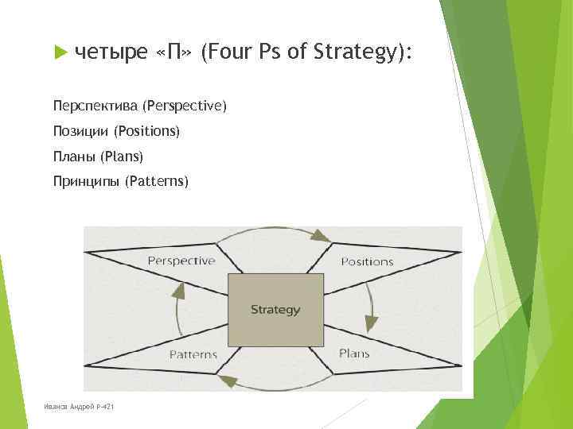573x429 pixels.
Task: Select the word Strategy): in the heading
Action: tap(364, 53)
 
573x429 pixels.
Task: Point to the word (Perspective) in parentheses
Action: tap(184, 106)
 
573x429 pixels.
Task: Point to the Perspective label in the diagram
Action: tap(181, 261)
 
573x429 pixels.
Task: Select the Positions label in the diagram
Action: tap(367, 261)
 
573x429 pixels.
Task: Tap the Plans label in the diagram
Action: tap(354, 354)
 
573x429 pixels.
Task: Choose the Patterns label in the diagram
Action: tap(193, 354)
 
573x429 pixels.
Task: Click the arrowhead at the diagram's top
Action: tap(320, 235)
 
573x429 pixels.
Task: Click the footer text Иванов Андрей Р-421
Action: tap(79, 406)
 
